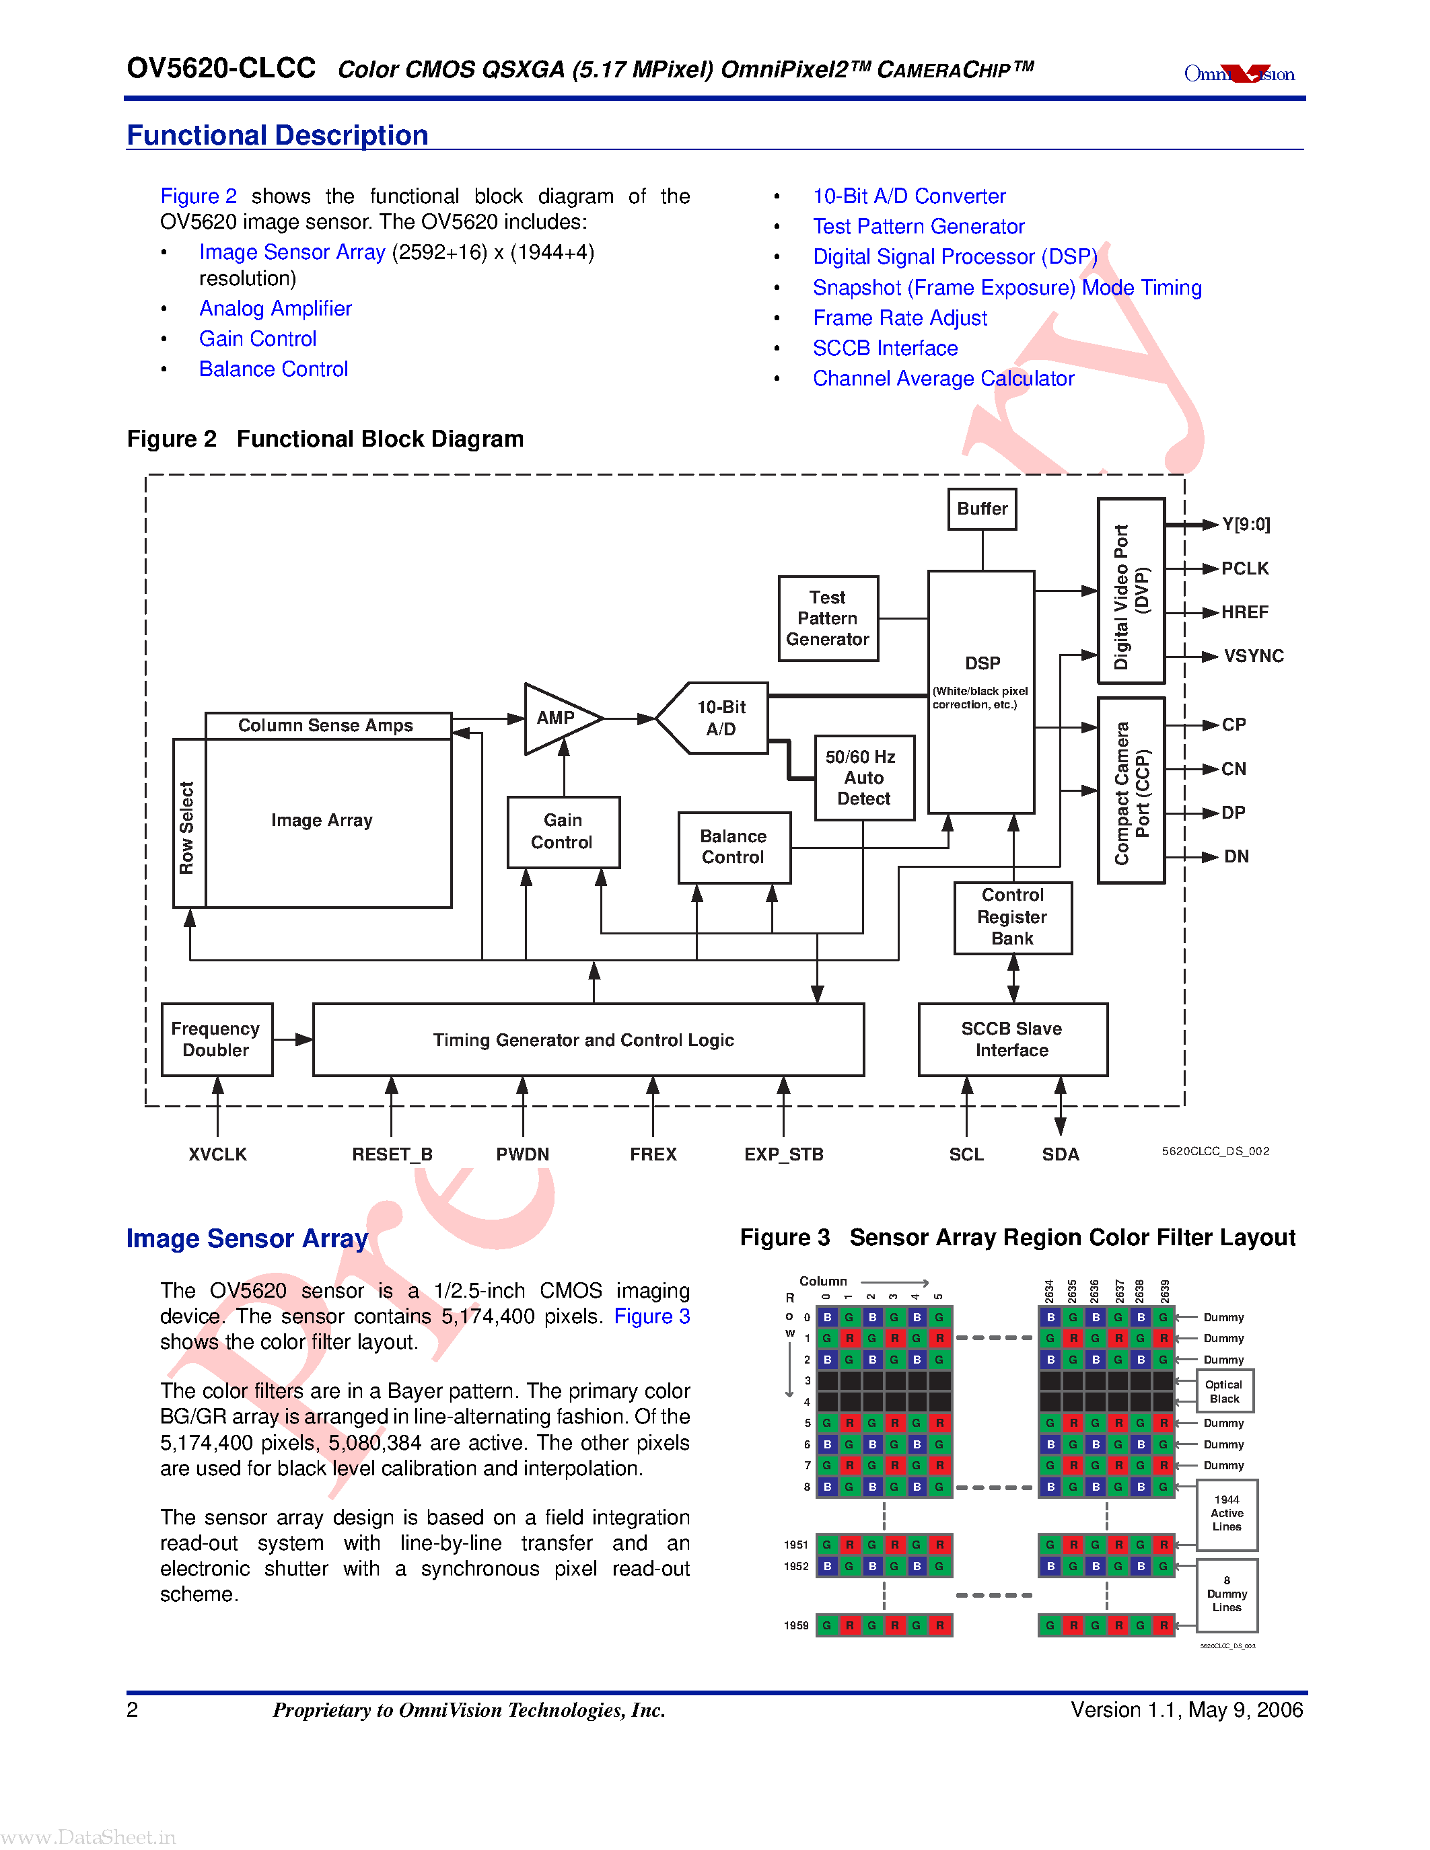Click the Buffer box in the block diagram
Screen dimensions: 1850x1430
pyautogui.click(x=982, y=509)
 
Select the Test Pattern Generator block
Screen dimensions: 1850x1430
pyautogui.click(x=828, y=618)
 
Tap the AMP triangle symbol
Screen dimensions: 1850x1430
pyautogui.click(x=559, y=718)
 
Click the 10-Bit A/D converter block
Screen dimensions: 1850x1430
pyautogui.click(x=719, y=718)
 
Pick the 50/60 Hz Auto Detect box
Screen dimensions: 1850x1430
pyautogui.click(x=864, y=778)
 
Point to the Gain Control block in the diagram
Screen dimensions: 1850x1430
pyautogui.click(x=563, y=831)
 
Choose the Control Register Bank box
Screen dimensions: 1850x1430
pyautogui.click(x=1012, y=918)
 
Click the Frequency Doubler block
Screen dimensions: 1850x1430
pyautogui.click(x=216, y=1039)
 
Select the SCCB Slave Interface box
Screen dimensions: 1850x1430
pyautogui.click(x=1012, y=1039)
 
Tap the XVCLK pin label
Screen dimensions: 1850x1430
pyautogui.click(x=218, y=1154)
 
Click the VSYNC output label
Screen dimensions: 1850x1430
pyautogui.click(x=1253, y=657)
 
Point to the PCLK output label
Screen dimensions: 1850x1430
pyautogui.click(x=1244, y=568)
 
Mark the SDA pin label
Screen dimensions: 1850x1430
pyautogui.click(x=1060, y=1154)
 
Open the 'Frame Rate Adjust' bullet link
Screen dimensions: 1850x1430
pyautogui.click(x=900, y=318)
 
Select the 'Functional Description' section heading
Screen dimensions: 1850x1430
pyautogui.click(x=277, y=135)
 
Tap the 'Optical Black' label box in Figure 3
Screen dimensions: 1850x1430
pyautogui.click(x=1224, y=1391)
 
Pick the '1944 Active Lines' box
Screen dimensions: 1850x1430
pyautogui.click(x=1226, y=1514)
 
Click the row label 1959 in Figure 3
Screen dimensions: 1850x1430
pyautogui.click(x=795, y=1625)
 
